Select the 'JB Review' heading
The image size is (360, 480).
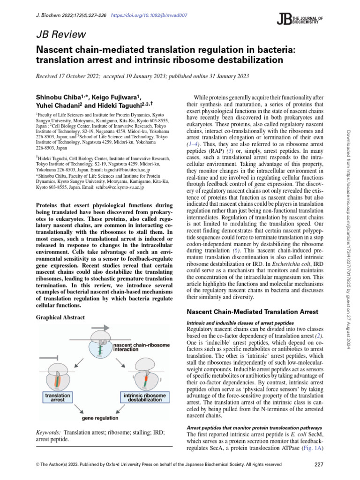coord(60,34)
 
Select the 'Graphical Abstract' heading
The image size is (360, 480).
coord(60,317)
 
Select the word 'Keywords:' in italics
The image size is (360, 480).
coord(48,432)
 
